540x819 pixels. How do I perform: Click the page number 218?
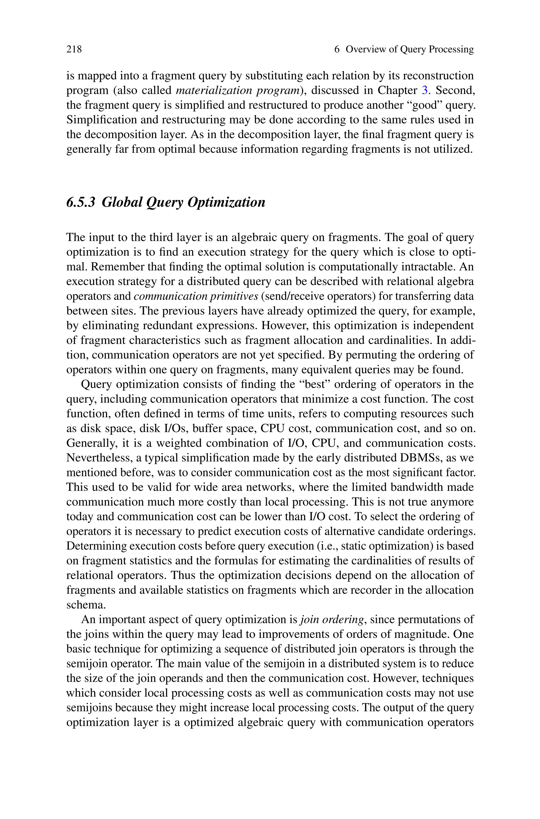click(74, 50)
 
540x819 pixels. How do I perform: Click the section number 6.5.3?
click(81, 202)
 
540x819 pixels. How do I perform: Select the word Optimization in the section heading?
click(226, 202)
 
